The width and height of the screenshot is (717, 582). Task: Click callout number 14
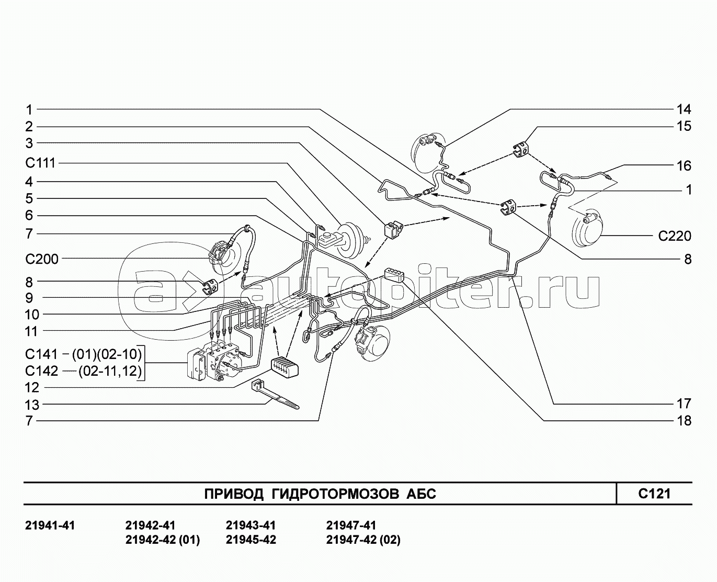[x=684, y=109]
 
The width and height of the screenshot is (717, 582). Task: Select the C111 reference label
[x=40, y=163]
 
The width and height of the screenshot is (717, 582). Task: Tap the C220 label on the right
[x=674, y=236]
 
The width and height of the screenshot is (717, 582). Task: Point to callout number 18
[x=684, y=420]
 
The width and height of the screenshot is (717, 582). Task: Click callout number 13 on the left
[x=32, y=405]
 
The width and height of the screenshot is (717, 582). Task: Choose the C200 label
[x=42, y=259]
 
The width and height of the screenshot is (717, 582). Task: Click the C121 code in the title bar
[x=654, y=493]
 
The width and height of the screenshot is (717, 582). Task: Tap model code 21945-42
[x=251, y=540]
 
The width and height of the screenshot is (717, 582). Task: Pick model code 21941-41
[x=50, y=525]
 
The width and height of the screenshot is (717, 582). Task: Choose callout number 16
[x=684, y=166]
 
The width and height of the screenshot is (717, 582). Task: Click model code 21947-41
[x=351, y=525]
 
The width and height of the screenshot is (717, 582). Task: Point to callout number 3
[x=29, y=143]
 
